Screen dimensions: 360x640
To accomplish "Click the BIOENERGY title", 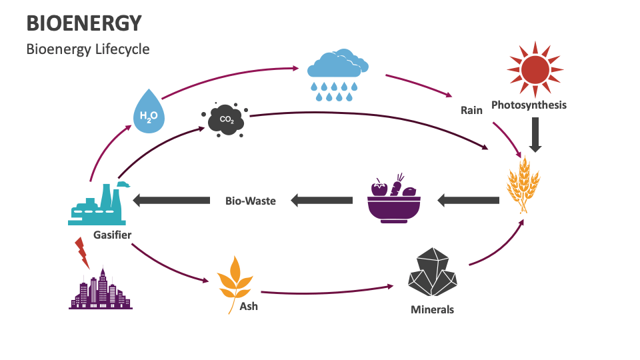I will [x=84, y=23].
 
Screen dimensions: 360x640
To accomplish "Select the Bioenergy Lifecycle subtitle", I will [x=88, y=49].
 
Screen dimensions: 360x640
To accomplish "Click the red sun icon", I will [x=535, y=68].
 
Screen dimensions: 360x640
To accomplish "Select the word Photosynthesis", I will [x=529, y=105].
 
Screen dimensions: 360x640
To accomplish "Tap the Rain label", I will [x=471, y=110].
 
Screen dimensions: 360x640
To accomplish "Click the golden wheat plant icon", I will [x=523, y=184].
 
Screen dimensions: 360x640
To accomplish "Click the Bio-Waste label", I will [x=250, y=200].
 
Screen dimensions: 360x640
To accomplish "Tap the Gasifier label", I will [x=112, y=235].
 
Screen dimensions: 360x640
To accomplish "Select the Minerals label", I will [x=432, y=309].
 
